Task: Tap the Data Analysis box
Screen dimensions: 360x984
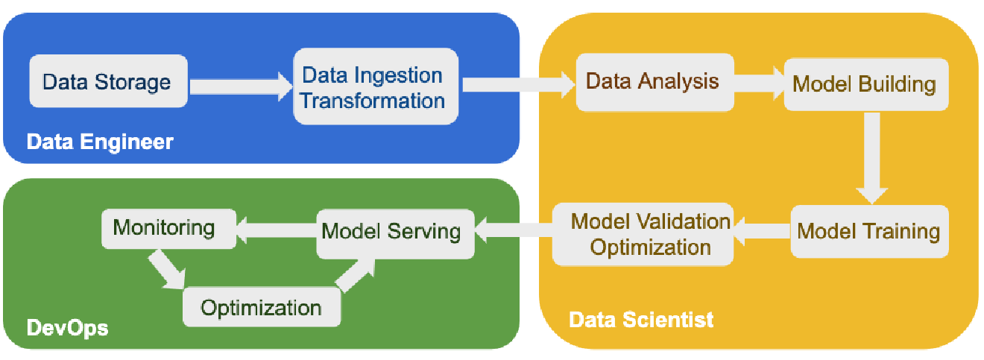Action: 652,80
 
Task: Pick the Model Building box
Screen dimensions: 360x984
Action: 865,83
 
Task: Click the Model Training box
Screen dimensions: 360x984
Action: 868,231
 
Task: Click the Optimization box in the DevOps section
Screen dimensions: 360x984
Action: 262,307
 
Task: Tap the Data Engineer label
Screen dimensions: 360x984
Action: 100,142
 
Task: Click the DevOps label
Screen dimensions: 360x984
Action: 67,328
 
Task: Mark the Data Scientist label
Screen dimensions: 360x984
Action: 641,320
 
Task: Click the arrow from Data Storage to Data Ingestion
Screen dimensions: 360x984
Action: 240,86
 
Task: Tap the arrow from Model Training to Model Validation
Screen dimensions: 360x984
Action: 762,232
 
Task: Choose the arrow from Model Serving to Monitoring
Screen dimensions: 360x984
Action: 276,231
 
